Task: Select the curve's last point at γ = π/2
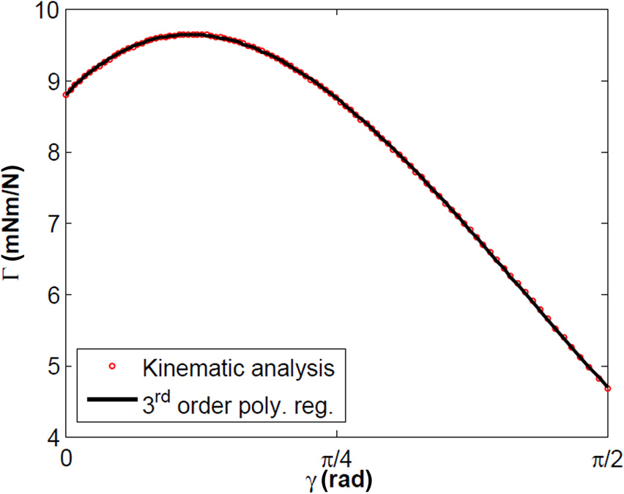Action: [x=607, y=388]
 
